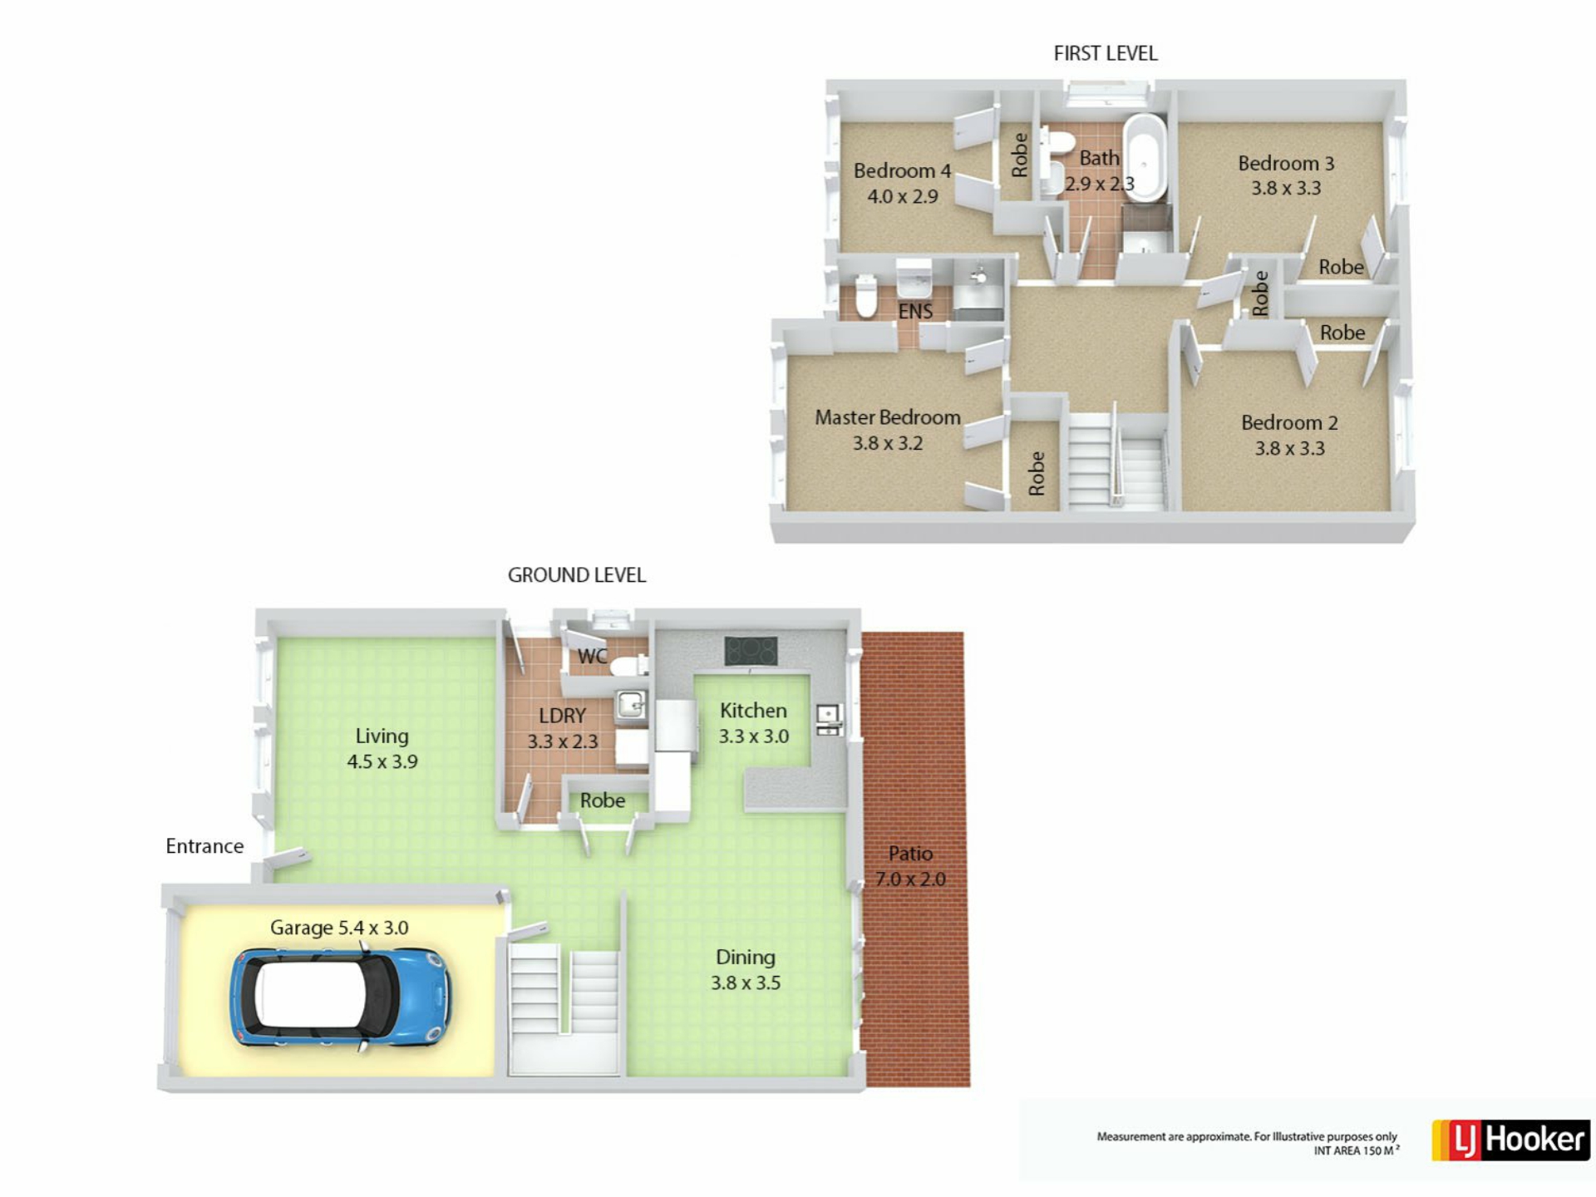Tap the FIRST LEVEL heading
click(x=1105, y=53)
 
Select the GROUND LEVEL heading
click(x=577, y=575)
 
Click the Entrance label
click(x=204, y=846)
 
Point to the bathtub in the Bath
click(x=1145, y=158)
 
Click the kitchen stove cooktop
click(x=751, y=651)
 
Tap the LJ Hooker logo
click(x=1510, y=1140)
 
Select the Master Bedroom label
click(x=887, y=417)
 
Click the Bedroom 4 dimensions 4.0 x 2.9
click(x=903, y=197)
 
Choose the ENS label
click(x=915, y=311)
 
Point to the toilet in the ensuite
click(x=866, y=297)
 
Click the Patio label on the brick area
click(x=910, y=854)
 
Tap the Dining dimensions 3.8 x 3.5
click(x=746, y=983)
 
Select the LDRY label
click(x=562, y=716)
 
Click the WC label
click(x=592, y=657)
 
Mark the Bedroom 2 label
click(x=1289, y=423)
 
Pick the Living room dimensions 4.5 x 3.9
click(x=382, y=762)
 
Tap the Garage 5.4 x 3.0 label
click(x=339, y=928)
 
